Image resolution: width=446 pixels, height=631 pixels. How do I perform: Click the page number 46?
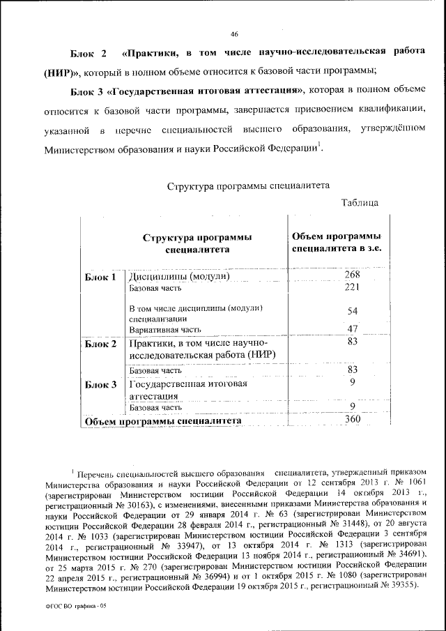coord(234,34)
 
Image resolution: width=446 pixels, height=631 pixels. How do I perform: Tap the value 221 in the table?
coord(353,287)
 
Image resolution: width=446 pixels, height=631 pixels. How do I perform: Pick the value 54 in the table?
coord(353,310)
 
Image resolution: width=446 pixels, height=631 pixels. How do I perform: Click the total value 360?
coord(353,420)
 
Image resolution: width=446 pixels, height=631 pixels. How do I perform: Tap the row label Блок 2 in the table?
coord(100,344)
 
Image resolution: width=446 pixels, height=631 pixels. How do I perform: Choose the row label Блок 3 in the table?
coord(100,384)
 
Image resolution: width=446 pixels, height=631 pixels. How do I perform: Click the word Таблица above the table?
coord(360,202)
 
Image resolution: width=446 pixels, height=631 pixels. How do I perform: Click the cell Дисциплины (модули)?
coord(180,277)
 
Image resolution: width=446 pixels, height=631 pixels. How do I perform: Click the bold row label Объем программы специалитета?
coord(163,421)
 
